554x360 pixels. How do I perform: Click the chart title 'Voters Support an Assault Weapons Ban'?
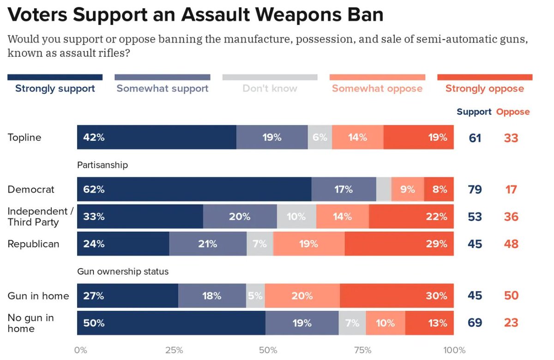tap(196, 15)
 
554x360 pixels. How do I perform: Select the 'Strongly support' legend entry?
tap(55, 88)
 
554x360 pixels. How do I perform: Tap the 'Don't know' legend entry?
tap(270, 88)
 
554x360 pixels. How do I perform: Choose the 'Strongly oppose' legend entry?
tap(484, 88)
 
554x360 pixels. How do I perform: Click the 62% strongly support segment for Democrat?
tap(194, 189)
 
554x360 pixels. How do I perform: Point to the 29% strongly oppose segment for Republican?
tap(399, 244)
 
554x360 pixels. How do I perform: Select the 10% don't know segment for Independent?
tap(296, 216)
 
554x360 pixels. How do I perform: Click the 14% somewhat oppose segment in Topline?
tap(357, 137)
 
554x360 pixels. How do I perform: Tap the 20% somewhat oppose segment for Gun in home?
tap(302, 295)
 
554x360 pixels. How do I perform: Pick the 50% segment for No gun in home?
tap(171, 323)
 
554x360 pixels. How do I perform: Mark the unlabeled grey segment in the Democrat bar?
tap(384, 189)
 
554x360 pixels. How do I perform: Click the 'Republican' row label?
tap(33, 244)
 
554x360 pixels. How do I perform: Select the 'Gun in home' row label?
tap(38, 295)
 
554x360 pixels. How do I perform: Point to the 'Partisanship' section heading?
tap(102, 164)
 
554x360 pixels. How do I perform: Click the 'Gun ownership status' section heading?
tap(122, 271)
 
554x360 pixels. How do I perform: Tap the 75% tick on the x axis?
tap(363, 350)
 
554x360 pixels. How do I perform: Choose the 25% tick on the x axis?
tap(174, 350)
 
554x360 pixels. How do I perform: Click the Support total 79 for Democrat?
tap(475, 189)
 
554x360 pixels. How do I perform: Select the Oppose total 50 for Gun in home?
tap(511, 295)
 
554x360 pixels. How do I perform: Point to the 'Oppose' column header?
tap(513, 112)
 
